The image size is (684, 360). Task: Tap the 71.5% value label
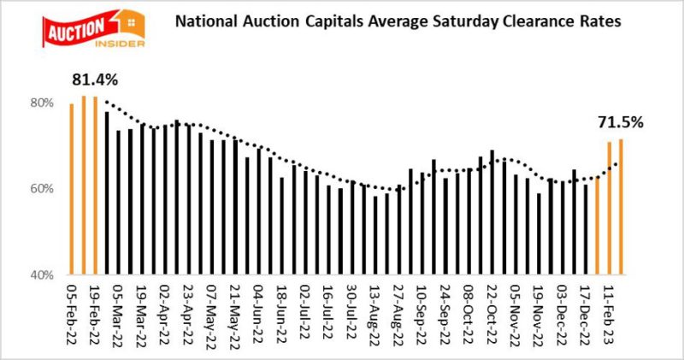[620, 122]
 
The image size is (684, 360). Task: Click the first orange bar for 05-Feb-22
[71, 188]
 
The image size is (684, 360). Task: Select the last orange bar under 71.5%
[620, 206]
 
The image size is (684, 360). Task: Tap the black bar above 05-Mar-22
[106, 193]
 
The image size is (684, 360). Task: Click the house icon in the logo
[133, 16]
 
